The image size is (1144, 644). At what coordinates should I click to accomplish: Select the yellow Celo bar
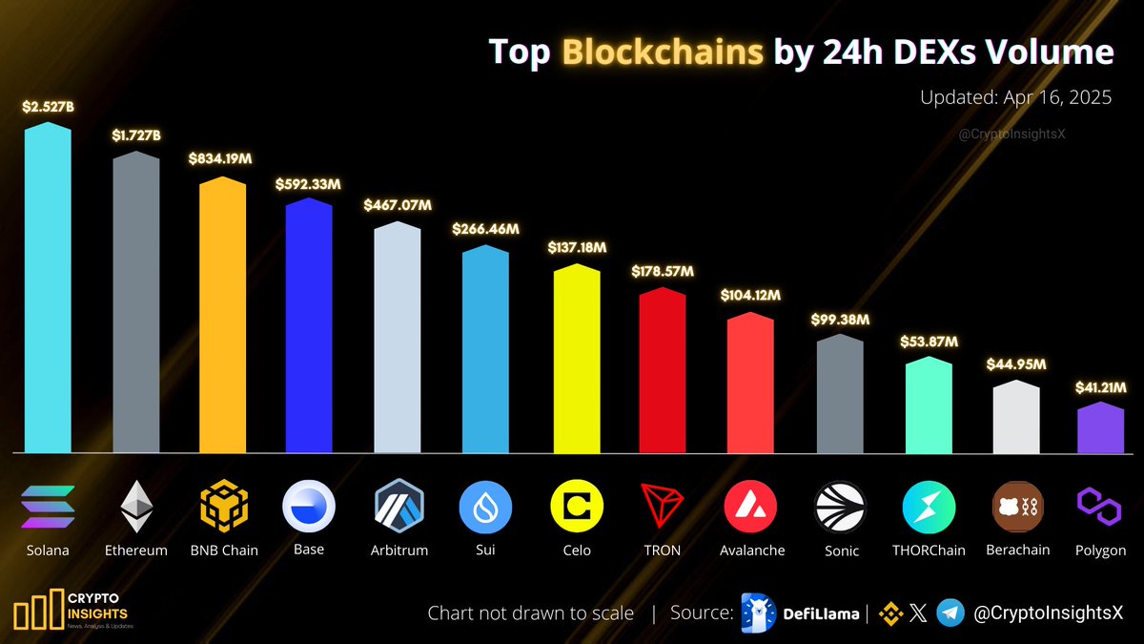[x=577, y=363]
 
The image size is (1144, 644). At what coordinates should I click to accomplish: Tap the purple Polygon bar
[x=1101, y=429]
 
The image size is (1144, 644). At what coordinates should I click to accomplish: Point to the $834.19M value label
[x=221, y=158]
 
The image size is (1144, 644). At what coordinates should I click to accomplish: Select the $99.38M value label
[x=840, y=319]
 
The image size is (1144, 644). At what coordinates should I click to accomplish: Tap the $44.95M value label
[x=1016, y=364]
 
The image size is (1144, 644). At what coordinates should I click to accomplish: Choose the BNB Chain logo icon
[x=223, y=506]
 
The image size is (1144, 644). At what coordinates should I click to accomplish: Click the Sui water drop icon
[x=486, y=507]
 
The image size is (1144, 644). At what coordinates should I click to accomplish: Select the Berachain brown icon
[x=1017, y=506]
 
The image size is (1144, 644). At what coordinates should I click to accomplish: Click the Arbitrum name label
[x=398, y=551]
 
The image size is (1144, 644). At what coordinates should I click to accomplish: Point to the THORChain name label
[x=929, y=551]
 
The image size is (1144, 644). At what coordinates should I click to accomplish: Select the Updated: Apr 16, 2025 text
[x=1016, y=97]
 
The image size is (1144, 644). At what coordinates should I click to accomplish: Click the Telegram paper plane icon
[x=950, y=613]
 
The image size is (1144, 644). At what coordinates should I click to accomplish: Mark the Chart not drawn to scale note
[x=530, y=613]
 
